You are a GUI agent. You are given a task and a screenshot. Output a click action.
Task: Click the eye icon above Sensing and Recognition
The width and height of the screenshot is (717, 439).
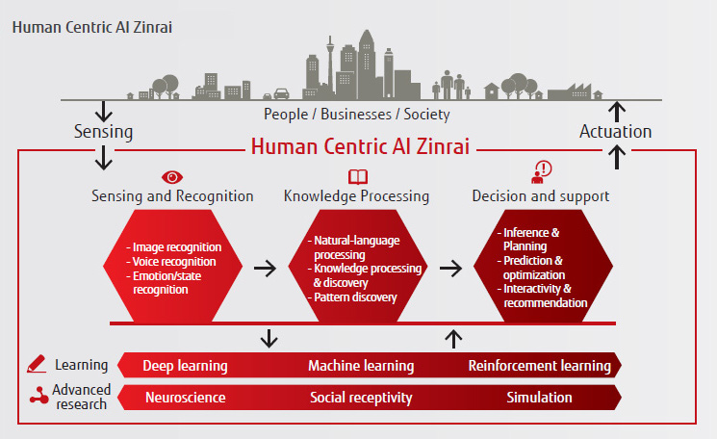(x=172, y=177)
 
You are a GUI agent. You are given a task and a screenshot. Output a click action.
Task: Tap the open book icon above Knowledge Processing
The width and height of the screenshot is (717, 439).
(x=357, y=177)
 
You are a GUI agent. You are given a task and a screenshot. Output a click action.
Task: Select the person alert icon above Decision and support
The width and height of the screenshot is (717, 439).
(x=541, y=173)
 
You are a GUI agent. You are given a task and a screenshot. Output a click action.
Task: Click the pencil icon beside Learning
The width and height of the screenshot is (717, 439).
(x=37, y=365)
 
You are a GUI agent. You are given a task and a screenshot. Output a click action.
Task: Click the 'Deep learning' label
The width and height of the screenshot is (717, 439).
(x=185, y=366)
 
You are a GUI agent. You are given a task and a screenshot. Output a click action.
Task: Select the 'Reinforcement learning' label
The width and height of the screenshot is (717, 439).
(x=539, y=366)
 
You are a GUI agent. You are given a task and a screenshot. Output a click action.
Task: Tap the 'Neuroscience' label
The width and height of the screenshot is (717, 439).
(x=186, y=397)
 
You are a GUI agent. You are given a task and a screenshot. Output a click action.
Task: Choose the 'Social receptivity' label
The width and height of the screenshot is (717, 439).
(x=361, y=397)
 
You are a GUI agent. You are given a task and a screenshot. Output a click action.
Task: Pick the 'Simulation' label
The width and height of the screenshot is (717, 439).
(x=539, y=397)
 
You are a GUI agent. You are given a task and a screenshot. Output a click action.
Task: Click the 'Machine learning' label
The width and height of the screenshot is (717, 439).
(x=361, y=366)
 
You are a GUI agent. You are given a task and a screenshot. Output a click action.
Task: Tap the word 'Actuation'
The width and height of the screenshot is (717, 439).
(x=614, y=132)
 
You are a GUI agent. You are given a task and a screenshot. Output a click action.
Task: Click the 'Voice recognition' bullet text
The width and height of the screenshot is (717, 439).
(x=175, y=261)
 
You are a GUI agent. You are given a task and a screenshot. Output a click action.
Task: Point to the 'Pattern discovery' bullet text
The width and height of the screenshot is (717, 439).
(x=356, y=297)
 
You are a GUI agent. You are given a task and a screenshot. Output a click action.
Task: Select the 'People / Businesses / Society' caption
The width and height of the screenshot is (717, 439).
(x=357, y=114)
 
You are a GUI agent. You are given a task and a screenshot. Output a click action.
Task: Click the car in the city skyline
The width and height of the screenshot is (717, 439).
(x=282, y=93)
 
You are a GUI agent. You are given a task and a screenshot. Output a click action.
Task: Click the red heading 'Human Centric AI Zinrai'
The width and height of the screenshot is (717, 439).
(x=367, y=147)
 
